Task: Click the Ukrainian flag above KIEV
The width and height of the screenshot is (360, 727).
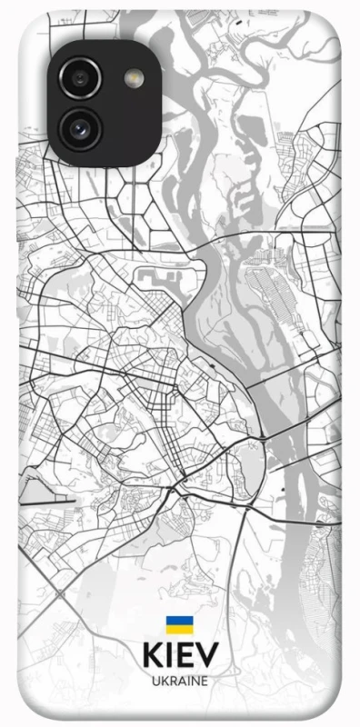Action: tap(179, 624)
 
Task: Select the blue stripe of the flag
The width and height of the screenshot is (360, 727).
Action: tap(179, 621)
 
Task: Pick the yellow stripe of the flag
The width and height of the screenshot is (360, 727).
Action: tap(179, 629)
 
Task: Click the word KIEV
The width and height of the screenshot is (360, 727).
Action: tap(179, 656)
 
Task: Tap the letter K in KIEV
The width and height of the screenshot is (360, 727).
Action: tap(151, 656)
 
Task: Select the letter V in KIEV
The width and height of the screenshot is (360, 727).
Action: tap(206, 656)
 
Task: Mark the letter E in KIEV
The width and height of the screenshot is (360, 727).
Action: tap(185, 656)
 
